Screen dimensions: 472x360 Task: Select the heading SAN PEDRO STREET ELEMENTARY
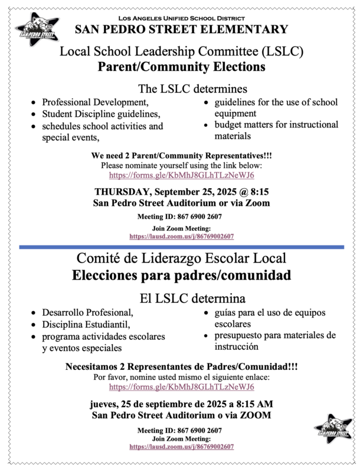coord(181,29)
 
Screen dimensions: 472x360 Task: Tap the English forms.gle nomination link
coord(181,175)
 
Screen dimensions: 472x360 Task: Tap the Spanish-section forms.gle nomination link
coord(181,387)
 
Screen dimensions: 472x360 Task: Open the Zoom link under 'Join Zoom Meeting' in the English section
coord(181,236)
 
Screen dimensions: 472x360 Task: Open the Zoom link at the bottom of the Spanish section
coord(181,447)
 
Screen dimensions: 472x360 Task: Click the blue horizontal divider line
coord(181,247)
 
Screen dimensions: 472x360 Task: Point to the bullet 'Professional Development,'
coord(93,102)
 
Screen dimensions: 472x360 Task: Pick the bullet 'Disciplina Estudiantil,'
coord(84,324)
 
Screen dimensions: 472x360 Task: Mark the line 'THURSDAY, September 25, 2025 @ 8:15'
coord(181,191)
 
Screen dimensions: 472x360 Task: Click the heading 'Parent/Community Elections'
coord(181,67)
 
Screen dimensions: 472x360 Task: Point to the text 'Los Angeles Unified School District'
coord(181,18)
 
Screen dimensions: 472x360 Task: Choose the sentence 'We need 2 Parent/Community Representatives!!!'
coord(181,156)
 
